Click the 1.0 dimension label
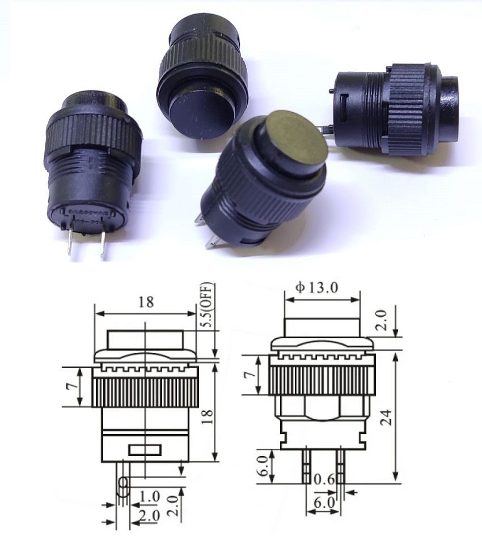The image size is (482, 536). point(149,497)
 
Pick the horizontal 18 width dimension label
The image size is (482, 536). point(146,302)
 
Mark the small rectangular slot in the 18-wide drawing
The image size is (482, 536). point(145,450)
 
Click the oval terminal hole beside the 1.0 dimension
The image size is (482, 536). point(123,486)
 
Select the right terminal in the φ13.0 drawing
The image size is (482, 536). point(341,466)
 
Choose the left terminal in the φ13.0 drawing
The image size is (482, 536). point(306,466)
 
